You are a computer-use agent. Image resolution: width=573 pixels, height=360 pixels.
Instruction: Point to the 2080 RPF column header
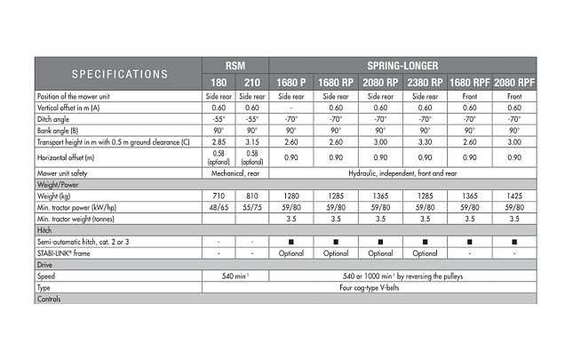[x=515, y=82]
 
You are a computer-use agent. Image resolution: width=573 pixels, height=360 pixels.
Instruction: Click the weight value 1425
[x=515, y=195]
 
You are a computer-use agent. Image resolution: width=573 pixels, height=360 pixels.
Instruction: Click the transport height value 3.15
[x=251, y=140]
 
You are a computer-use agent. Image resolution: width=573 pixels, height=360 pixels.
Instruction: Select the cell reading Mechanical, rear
[x=234, y=172]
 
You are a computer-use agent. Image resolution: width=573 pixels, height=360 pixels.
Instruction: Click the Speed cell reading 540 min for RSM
[x=234, y=276]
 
